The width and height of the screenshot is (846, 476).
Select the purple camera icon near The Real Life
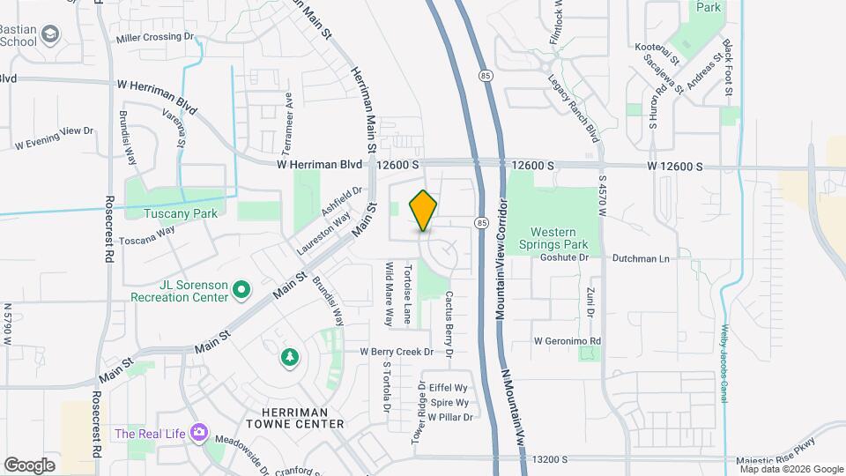[200, 432]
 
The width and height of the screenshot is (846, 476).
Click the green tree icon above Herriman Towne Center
[288, 356]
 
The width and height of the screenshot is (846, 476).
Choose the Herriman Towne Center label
[295, 418]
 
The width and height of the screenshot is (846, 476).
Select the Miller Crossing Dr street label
[154, 38]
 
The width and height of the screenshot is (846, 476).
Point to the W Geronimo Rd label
[567, 340]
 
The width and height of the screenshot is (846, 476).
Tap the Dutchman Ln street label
[641, 258]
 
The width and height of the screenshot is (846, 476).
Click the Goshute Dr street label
[563, 258]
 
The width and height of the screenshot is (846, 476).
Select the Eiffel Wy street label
[448, 387]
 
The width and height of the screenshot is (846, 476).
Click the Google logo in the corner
[30, 465]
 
